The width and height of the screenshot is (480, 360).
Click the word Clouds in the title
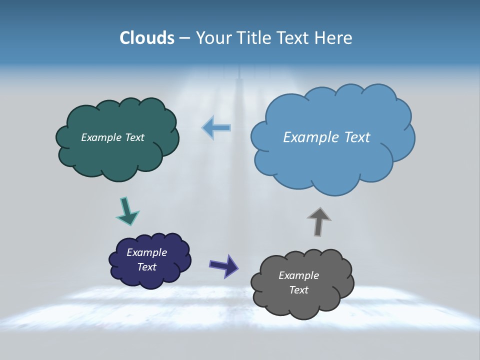click(147, 38)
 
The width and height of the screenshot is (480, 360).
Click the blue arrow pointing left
click(216, 127)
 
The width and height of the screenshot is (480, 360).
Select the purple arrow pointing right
click(224, 265)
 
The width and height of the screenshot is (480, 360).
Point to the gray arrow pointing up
click(319, 221)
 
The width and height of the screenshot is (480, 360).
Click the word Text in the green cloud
click(134, 137)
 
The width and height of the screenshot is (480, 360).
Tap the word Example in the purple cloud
click(147, 252)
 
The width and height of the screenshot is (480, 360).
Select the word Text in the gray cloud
click(298, 290)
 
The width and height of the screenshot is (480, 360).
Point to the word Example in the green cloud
click(101, 137)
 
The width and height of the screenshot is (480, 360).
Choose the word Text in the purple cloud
click(147, 267)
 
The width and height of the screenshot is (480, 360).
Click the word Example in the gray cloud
click(298, 275)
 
